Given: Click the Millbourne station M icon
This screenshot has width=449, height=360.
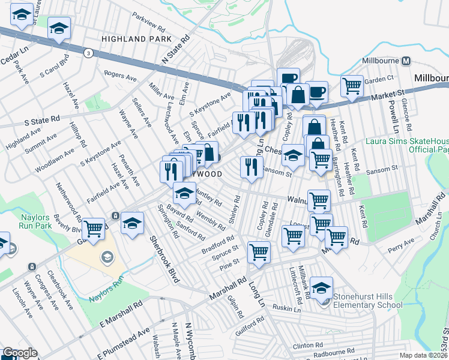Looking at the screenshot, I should tap(406, 61).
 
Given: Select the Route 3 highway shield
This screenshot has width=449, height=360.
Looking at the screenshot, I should tap(89, 53).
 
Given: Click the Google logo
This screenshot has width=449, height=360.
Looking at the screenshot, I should tap(20, 353).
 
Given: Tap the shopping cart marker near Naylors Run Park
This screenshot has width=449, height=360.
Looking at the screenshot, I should tap(93, 228).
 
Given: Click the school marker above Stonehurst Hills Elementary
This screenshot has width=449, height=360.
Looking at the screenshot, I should tap(322, 287).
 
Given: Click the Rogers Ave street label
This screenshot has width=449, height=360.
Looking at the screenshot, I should tap(121, 76).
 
